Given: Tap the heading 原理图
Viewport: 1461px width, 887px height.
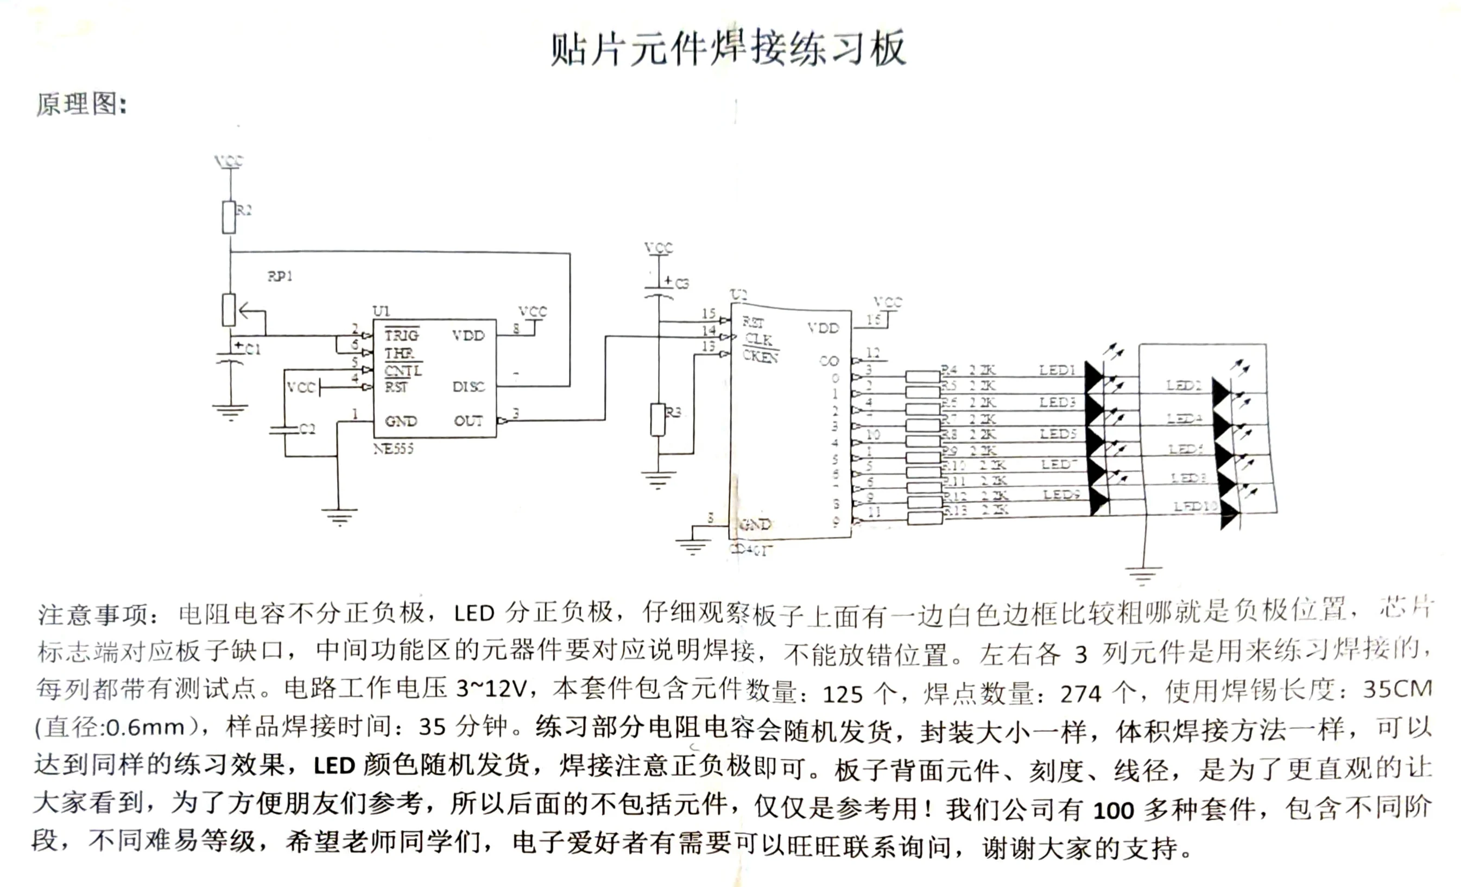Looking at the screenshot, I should click(x=81, y=104).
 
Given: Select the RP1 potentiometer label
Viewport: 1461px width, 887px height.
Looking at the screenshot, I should click(x=280, y=276).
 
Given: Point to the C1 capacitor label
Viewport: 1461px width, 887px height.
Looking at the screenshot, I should click(x=252, y=349).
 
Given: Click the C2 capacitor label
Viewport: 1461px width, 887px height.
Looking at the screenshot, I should click(x=307, y=429).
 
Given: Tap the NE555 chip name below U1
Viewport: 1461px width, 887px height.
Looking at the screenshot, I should click(x=393, y=449).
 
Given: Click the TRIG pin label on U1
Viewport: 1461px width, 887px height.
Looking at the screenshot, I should click(x=401, y=335).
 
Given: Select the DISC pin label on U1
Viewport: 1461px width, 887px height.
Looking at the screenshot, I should click(x=469, y=387).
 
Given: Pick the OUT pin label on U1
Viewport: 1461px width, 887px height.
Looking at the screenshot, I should click(x=469, y=420).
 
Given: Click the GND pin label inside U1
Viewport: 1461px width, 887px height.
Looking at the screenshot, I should click(x=401, y=422).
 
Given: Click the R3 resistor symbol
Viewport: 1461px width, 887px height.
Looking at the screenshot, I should click(x=657, y=419).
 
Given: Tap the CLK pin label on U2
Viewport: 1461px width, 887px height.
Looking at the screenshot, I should click(x=758, y=339).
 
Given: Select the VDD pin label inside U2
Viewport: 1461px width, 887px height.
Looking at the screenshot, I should click(x=823, y=328).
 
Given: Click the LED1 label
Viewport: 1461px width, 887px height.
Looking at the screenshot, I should click(x=1057, y=370).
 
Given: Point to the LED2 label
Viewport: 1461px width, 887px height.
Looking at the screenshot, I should click(x=1184, y=386).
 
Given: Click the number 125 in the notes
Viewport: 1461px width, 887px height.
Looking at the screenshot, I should click(x=843, y=694).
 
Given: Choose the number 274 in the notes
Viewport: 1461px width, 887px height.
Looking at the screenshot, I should click(x=1080, y=694).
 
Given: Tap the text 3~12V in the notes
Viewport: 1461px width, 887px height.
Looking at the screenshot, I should click(x=491, y=688).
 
